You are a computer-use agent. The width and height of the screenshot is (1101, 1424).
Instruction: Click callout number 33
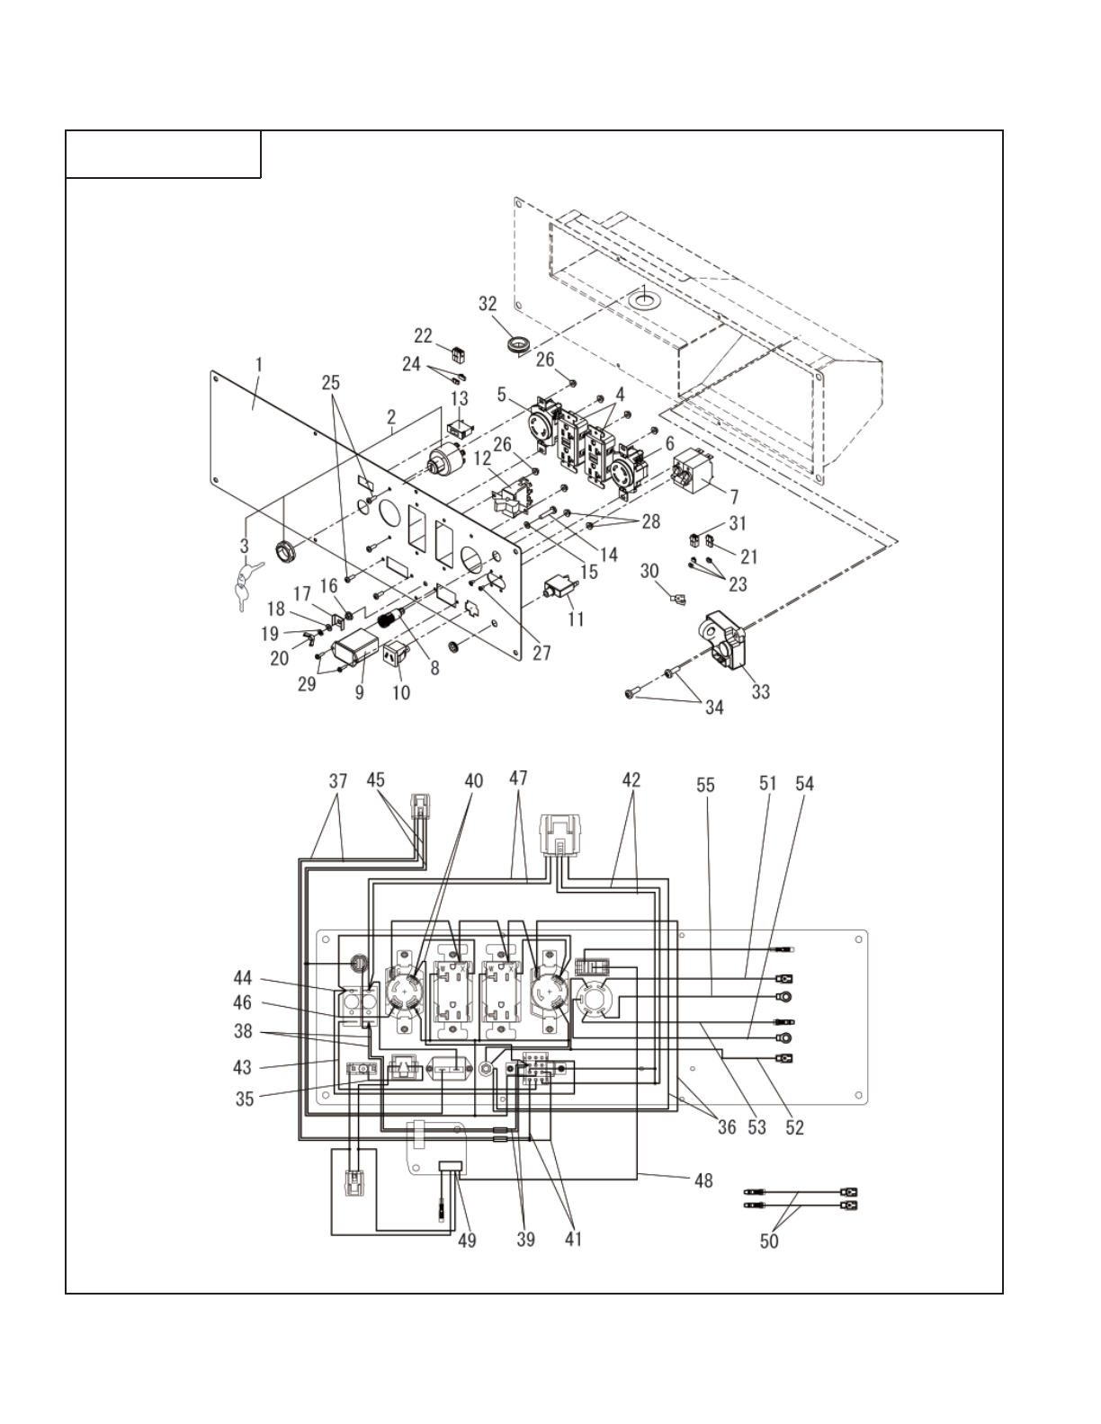coord(760,691)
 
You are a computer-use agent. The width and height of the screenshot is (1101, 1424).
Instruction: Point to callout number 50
coord(769,1242)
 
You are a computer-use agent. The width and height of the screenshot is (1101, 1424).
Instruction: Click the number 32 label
coord(488,304)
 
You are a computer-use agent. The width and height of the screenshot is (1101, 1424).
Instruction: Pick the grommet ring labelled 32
coord(518,343)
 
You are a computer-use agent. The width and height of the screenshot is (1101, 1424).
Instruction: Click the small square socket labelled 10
coord(397,659)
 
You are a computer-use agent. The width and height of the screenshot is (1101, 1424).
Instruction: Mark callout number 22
coord(424,335)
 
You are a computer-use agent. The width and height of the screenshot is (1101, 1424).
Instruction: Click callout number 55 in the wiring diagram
coord(705,785)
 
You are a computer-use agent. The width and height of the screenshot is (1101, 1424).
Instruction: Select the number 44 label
coord(241,978)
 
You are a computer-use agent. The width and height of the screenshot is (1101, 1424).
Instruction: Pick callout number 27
coord(542,654)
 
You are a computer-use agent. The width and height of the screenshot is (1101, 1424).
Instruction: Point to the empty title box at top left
coord(164,155)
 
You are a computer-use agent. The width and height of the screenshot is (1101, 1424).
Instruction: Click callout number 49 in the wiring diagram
coord(467,1241)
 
